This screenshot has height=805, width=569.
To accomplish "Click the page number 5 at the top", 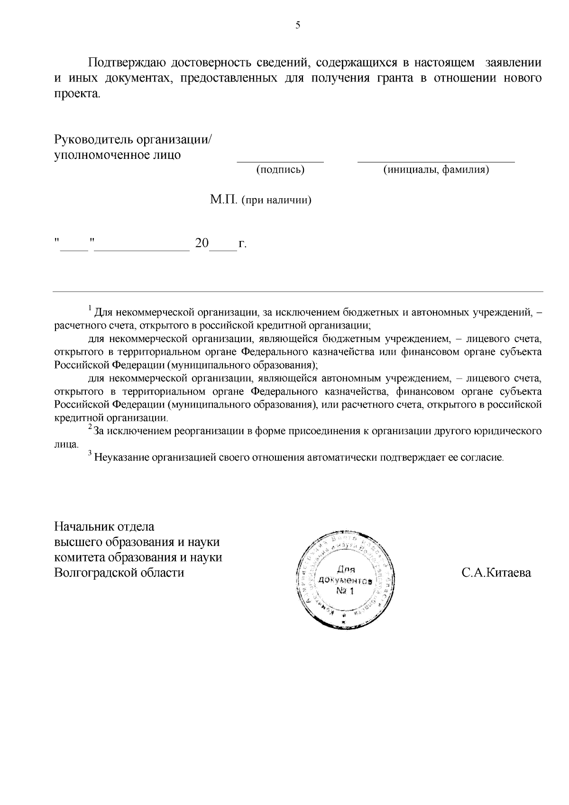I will coord(298,26).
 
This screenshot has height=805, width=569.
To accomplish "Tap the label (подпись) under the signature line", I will coord(280,170).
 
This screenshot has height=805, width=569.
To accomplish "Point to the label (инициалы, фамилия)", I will coord(436,170).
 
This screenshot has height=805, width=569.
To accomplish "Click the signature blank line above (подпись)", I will coord(280,161).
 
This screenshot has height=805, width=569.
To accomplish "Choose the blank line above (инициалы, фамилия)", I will coord(436,161).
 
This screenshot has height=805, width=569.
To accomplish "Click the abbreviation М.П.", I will coord(224,200).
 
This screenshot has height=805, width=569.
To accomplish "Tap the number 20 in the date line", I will coord(202,244).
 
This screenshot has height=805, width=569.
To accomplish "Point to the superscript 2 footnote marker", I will coord(90,428).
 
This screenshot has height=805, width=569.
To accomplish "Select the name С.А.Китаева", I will coord(496,573).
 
